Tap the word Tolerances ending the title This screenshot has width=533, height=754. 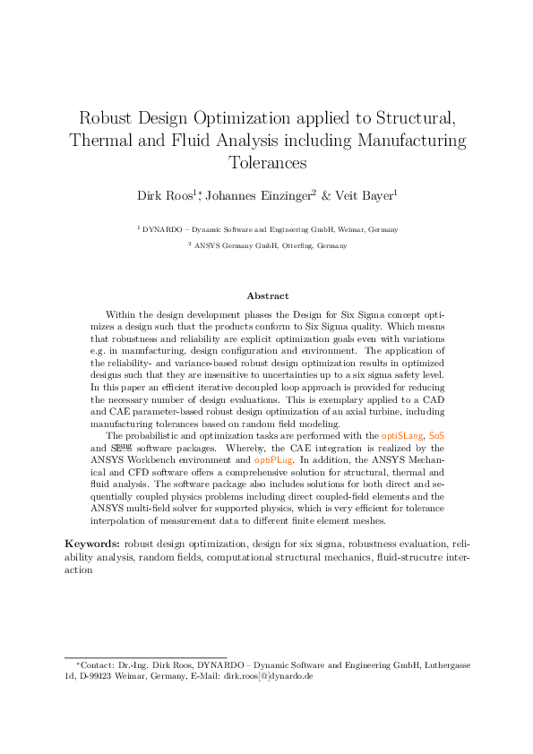click(266, 163)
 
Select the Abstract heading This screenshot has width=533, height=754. click(266, 296)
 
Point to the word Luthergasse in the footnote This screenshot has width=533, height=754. click(448, 666)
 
